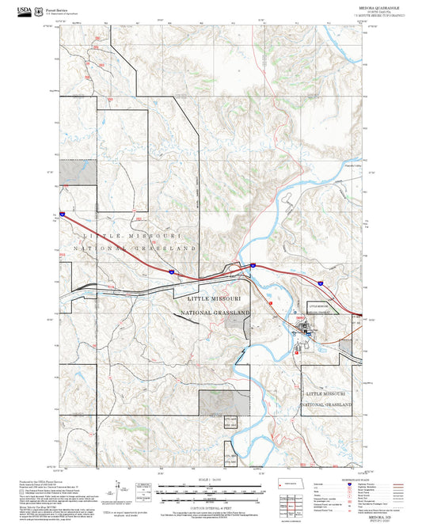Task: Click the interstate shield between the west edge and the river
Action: pos(171,271)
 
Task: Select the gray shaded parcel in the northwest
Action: pos(79,173)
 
